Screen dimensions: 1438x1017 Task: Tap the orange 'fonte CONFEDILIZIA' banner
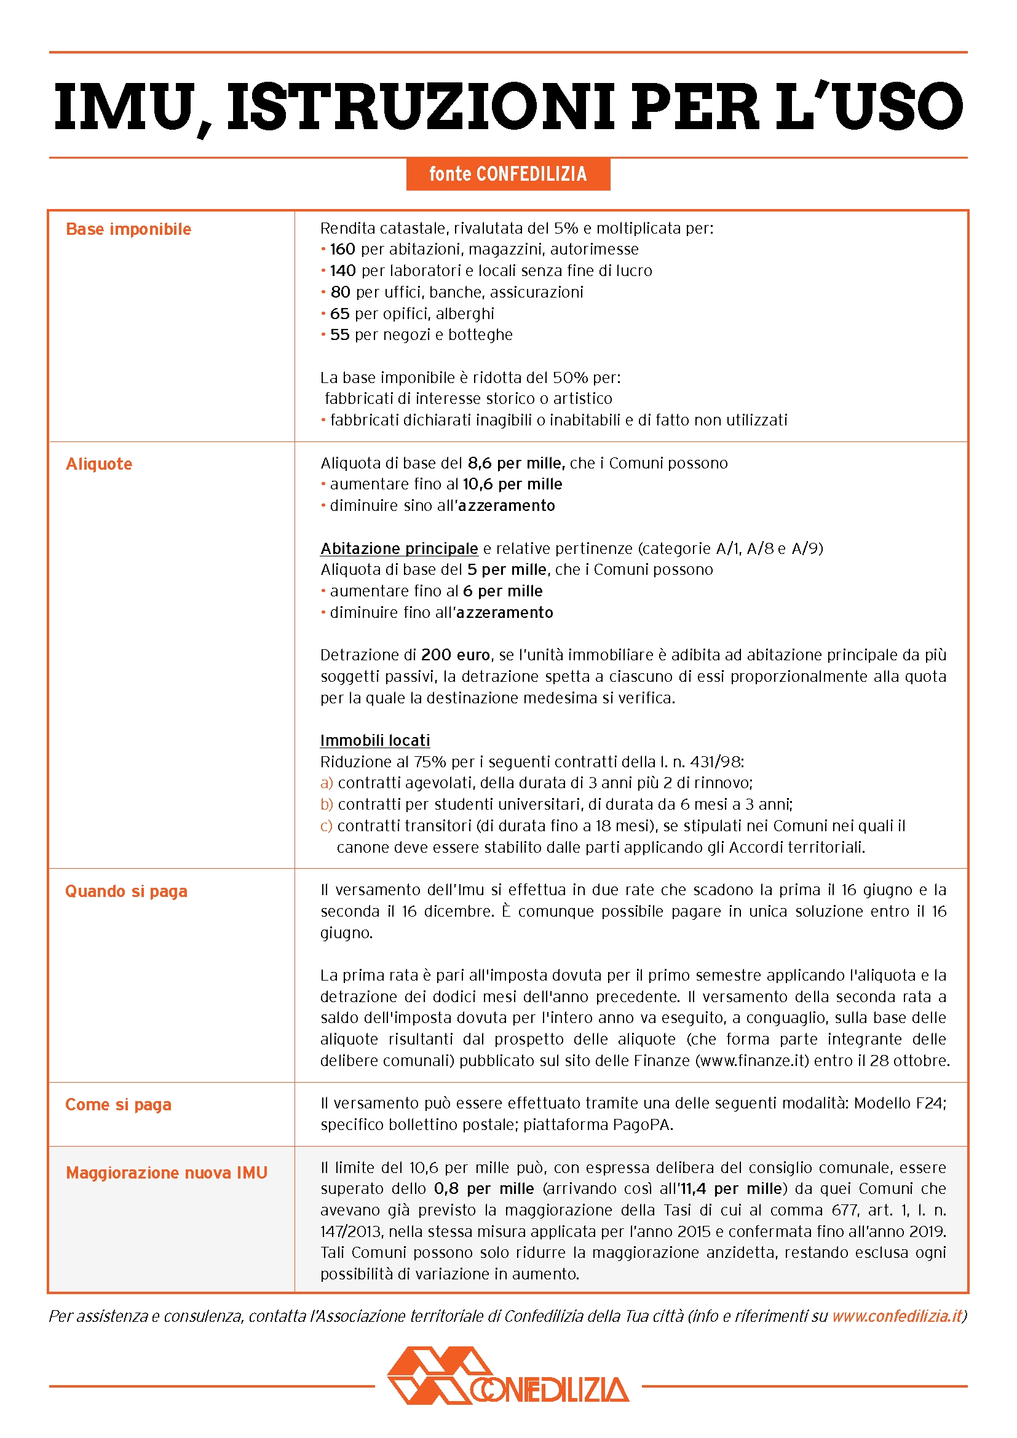[508, 173]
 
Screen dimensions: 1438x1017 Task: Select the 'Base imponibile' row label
[129, 229]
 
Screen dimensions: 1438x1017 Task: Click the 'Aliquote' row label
[99, 464]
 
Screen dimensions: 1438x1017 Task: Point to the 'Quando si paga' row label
[126, 891]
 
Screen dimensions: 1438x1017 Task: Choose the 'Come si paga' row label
[117, 1105]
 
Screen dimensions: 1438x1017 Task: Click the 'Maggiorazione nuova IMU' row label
[167, 1173]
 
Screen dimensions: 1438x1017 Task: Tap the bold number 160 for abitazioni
[342, 249]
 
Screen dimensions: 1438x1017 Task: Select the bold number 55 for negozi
[339, 334]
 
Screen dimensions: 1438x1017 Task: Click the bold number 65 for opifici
[339, 313]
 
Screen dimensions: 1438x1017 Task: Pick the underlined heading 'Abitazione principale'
[399, 548]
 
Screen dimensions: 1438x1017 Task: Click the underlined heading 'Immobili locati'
[374, 740]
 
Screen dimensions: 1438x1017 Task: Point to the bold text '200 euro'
[455, 655]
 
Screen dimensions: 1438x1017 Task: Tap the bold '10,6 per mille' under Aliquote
[512, 484]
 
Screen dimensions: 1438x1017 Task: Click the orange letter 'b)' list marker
[327, 804]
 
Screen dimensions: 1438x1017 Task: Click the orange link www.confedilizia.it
[896, 1316]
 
